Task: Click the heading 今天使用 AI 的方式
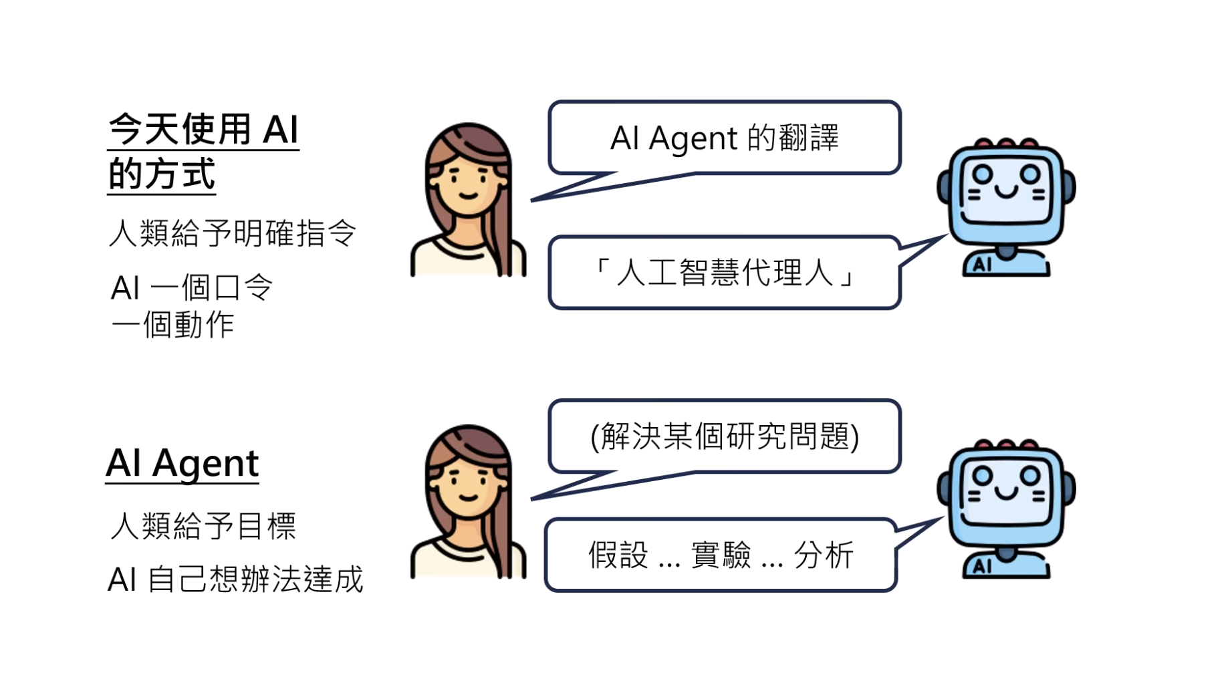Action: [x=203, y=151]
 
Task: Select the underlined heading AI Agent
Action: [x=182, y=463]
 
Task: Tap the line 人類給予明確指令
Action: [x=233, y=234]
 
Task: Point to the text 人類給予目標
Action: [x=203, y=526]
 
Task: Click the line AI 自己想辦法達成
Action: [x=235, y=579]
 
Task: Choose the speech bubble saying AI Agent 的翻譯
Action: [x=724, y=138]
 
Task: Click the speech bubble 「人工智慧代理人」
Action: [x=724, y=273]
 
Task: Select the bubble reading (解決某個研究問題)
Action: [x=724, y=436]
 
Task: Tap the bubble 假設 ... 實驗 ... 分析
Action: [x=721, y=555]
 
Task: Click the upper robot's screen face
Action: [x=1007, y=186]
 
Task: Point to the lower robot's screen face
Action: [x=1007, y=488]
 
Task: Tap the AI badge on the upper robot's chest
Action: [x=982, y=265]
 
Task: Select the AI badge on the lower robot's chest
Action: [x=982, y=567]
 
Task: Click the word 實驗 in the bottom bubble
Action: [x=721, y=555]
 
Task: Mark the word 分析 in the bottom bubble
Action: [x=824, y=555]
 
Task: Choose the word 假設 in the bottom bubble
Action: [x=618, y=555]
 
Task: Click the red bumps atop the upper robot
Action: [x=1006, y=143]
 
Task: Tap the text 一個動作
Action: [x=173, y=325]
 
